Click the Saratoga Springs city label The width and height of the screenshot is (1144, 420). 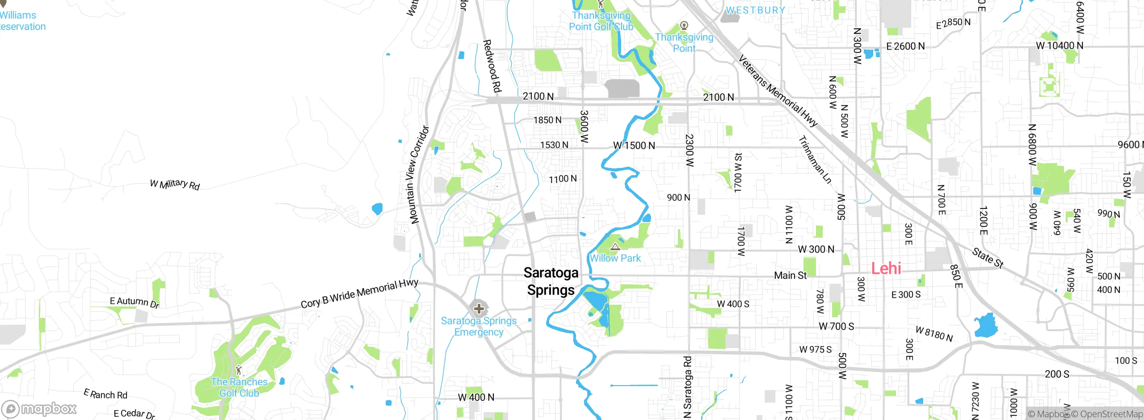[x=551, y=281]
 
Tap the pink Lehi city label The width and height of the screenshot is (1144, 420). [x=886, y=269]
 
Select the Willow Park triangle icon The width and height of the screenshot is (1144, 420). [x=615, y=247]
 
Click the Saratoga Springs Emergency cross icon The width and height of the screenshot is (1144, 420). [x=479, y=308]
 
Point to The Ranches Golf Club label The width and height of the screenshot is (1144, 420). [x=239, y=387]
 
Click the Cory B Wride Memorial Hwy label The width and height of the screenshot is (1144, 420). [x=359, y=294]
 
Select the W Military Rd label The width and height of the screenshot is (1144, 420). [x=175, y=184]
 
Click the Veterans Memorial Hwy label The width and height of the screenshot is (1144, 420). [x=778, y=91]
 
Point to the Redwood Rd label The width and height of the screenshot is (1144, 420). [x=492, y=66]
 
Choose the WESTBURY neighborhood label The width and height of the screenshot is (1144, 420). [x=755, y=10]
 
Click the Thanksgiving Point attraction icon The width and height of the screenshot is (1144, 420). [x=684, y=25]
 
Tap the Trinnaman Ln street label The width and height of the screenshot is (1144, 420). [x=815, y=160]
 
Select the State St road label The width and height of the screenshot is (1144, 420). [x=988, y=258]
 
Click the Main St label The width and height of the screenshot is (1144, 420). [x=790, y=276]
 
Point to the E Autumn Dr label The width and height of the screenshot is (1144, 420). [x=135, y=302]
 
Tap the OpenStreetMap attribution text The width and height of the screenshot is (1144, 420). [x=1107, y=414]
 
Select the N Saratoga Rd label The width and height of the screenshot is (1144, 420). [x=688, y=387]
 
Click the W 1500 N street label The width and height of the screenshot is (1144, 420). [x=634, y=146]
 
